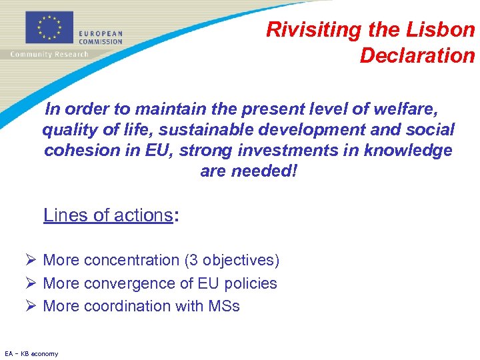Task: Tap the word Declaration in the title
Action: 417,55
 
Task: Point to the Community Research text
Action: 49,54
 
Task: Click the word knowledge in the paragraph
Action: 408,151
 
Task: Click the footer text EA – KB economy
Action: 31,353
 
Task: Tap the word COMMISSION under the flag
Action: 101,41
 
